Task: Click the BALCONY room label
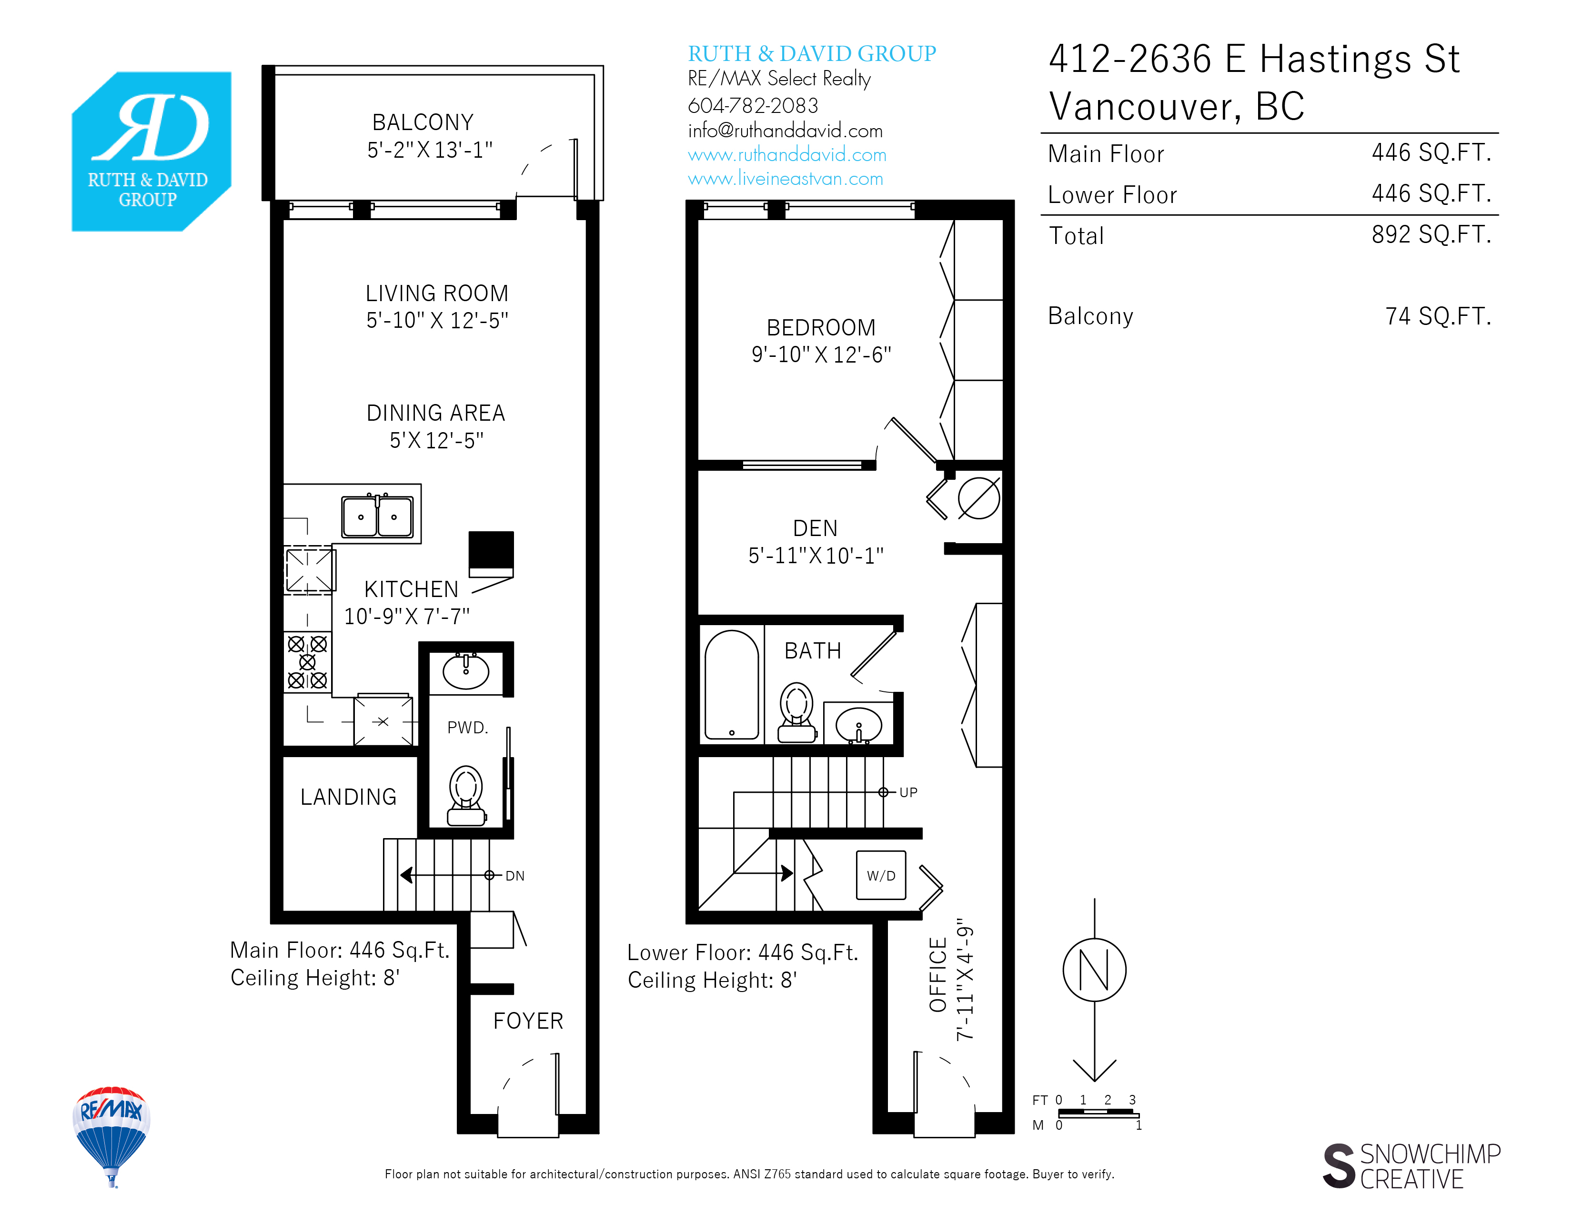tap(423, 122)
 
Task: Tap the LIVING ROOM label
tap(437, 294)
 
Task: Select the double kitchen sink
tap(377, 516)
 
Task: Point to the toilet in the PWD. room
tap(466, 795)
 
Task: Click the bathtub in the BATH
tap(731, 685)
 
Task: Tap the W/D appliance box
tap(881, 875)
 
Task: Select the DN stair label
tap(514, 876)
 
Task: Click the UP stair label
tap(908, 792)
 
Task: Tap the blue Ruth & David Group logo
tap(151, 151)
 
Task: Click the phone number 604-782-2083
tap(753, 106)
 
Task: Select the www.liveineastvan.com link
tap(785, 179)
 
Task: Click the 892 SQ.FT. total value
tap(1431, 234)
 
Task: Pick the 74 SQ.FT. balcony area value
tap(1438, 316)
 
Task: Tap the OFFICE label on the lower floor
tap(938, 974)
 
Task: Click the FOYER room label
tap(528, 1021)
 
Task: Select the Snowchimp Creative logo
tap(1411, 1166)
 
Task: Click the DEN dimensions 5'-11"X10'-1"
tap(816, 556)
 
